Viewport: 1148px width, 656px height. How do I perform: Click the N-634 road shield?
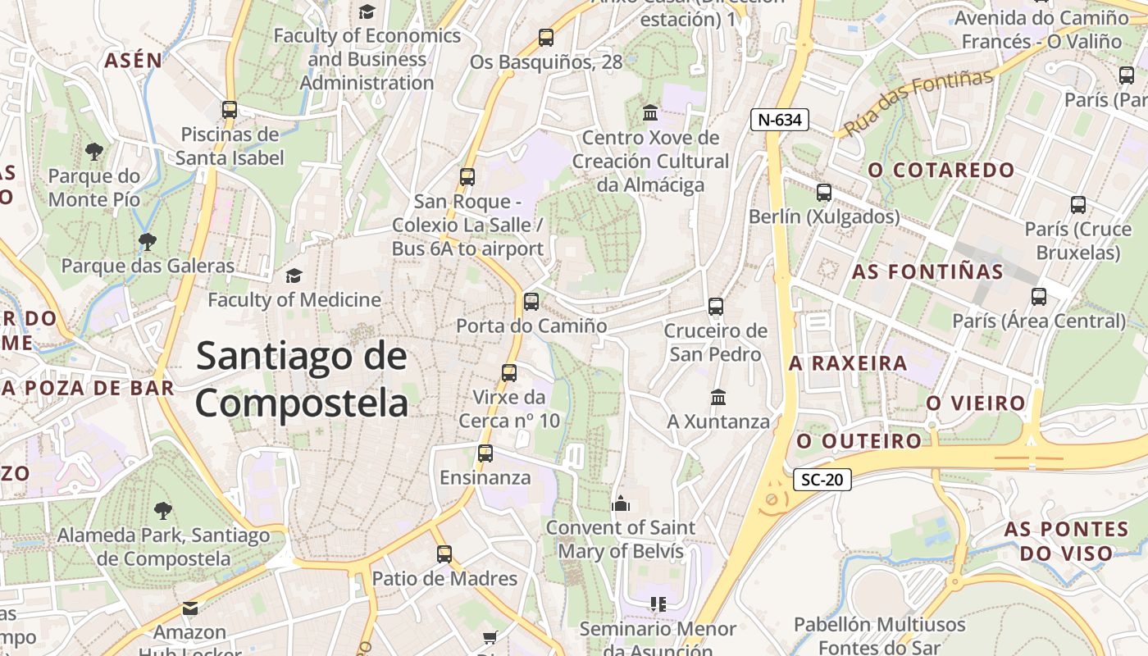click(x=780, y=120)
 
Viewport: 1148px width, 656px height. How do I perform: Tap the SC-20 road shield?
click(x=822, y=480)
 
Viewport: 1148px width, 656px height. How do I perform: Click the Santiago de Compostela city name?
click(x=302, y=380)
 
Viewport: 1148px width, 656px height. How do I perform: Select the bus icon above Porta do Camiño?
click(x=531, y=302)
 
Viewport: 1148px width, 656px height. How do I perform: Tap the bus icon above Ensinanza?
click(x=485, y=453)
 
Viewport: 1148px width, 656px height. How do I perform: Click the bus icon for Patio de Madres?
click(x=444, y=554)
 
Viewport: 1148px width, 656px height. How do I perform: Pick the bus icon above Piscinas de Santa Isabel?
click(x=230, y=110)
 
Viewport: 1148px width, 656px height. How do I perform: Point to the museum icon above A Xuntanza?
click(x=718, y=398)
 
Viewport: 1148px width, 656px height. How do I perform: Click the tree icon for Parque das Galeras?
click(x=148, y=241)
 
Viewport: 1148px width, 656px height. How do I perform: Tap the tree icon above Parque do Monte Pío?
click(x=94, y=151)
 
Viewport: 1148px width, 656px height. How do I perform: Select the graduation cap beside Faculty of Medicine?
click(x=294, y=276)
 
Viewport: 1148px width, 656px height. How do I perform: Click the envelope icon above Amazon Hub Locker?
click(x=190, y=608)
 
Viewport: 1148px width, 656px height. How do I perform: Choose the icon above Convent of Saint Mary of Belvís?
click(x=621, y=503)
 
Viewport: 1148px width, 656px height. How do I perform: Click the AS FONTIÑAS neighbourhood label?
click(x=927, y=271)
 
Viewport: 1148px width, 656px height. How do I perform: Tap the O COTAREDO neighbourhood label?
click(x=941, y=171)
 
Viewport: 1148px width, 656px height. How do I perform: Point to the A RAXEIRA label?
click(x=848, y=363)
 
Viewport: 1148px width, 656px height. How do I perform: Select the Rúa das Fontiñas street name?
click(x=918, y=102)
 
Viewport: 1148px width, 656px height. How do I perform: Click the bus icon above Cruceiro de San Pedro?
click(x=716, y=307)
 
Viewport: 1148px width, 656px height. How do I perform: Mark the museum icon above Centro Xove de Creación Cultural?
click(x=650, y=112)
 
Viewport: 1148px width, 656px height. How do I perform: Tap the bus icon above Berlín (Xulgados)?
click(x=824, y=193)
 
